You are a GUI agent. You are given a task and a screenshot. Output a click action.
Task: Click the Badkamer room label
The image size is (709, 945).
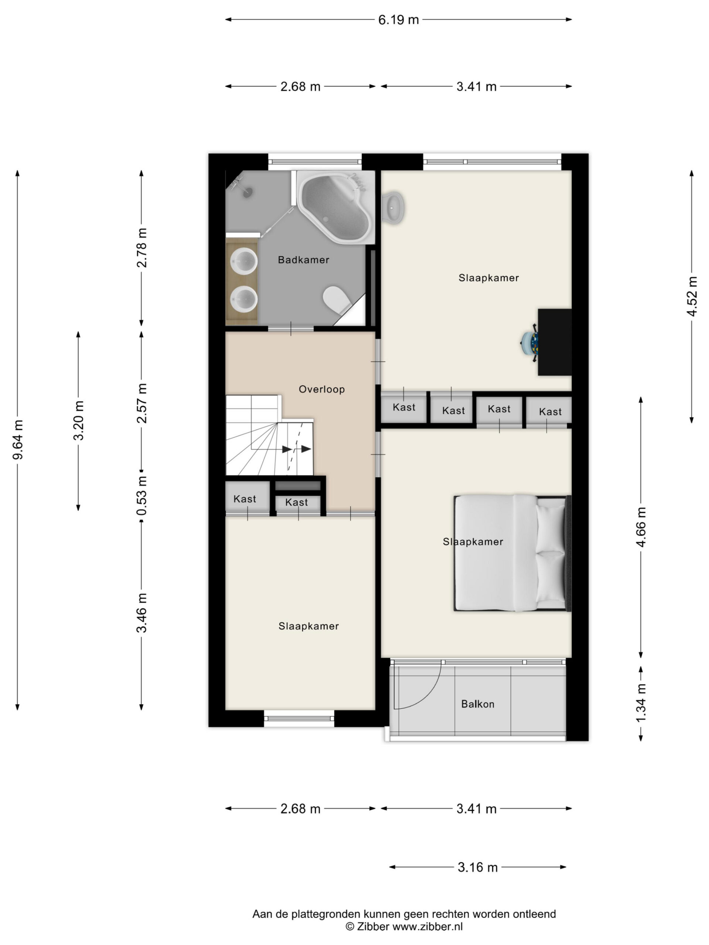304,260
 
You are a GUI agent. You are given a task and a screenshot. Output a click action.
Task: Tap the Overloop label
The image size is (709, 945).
321,389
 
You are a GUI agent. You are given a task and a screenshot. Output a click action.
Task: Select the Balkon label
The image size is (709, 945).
477,704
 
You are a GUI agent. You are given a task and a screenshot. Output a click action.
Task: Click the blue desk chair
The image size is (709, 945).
529,342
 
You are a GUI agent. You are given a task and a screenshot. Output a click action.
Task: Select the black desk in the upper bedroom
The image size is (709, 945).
554,342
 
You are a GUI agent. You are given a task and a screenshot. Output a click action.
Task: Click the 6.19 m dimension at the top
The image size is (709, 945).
398,20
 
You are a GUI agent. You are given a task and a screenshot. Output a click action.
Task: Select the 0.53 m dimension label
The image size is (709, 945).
142,495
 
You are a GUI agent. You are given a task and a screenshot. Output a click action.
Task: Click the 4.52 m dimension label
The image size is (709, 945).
692,296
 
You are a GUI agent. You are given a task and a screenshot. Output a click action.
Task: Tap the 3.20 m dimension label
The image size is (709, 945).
79,421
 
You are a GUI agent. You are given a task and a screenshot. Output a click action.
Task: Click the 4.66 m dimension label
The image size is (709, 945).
641,527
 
